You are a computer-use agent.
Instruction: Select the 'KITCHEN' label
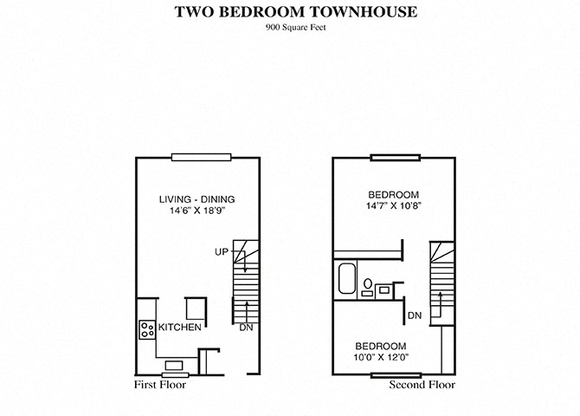(x=180, y=328)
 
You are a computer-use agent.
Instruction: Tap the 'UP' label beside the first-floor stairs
(x=222, y=252)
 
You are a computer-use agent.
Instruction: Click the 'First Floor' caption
(x=159, y=384)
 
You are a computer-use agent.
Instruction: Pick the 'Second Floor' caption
(x=422, y=384)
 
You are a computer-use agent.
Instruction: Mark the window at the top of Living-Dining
(x=200, y=157)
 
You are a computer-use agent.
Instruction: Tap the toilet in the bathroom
(x=367, y=283)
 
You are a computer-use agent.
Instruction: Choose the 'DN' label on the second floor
(x=415, y=315)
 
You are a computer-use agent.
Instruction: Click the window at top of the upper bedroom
(x=396, y=157)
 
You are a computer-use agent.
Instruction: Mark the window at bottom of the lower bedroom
(x=396, y=374)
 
